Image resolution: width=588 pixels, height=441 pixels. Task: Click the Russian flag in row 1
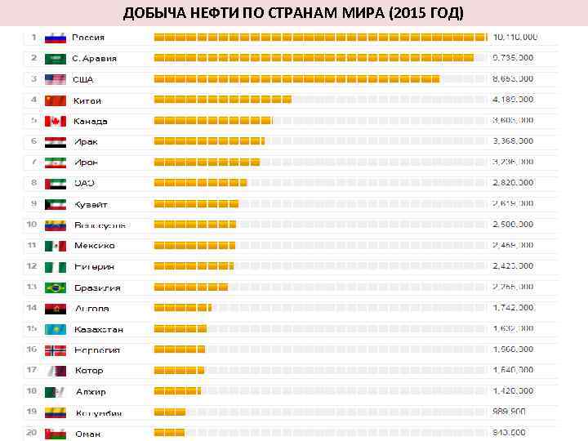tap(55, 38)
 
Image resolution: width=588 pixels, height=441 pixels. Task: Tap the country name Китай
tap(87, 100)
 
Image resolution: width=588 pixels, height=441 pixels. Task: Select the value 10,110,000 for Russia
tap(514, 38)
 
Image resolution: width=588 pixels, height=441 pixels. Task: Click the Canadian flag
tap(55, 121)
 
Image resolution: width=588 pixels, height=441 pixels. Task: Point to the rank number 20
tap(32, 433)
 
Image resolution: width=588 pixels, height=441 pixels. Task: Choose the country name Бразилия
tap(96, 287)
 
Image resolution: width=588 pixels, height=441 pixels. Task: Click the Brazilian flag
tap(55, 287)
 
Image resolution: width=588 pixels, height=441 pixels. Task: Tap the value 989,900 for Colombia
tap(509, 412)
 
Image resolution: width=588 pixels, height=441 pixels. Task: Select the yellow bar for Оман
tap(169, 433)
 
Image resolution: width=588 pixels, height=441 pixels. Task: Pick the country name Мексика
tap(94, 246)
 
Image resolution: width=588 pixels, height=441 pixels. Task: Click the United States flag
tap(55, 79)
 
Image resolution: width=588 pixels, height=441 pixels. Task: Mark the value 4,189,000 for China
tap(513, 100)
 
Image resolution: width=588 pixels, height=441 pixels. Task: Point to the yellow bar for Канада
tap(212, 121)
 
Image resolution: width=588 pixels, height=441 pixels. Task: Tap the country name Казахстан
tap(99, 329)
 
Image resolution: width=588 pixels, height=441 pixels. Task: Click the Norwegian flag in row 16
tap(55, 350)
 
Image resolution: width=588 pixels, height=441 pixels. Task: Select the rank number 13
tap(32, 287)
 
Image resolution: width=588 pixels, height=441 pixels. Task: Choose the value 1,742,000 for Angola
tap(513, 308)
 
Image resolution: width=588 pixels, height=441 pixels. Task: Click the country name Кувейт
tap(91, 204)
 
